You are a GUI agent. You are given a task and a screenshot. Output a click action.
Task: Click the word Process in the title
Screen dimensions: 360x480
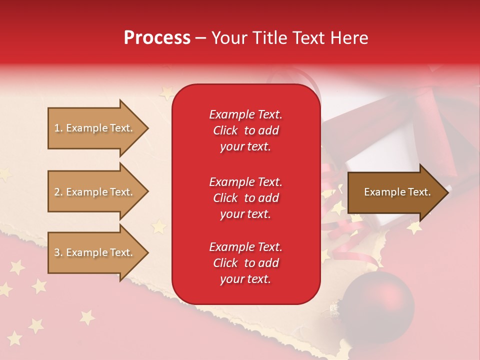(157, 38)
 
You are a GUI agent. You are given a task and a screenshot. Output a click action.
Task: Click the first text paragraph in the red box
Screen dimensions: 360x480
(245, 130)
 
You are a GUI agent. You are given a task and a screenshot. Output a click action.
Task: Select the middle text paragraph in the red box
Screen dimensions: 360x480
(245, 198)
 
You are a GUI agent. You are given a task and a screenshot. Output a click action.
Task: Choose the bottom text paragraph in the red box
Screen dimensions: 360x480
(245, 263)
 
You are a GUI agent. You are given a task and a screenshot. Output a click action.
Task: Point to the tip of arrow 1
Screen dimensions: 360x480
(147, 128)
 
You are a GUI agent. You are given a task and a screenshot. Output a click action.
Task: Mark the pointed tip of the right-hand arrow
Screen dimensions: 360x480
(448, 192)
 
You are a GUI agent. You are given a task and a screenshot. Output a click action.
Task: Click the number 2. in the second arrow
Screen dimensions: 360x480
(58, 192)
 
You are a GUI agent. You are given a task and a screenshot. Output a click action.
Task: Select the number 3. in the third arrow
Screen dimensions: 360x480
(58, 252)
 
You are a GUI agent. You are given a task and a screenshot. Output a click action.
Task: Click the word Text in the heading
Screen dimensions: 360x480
(309, 38)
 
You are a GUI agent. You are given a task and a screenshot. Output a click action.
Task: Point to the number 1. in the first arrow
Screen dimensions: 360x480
(58, 128)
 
